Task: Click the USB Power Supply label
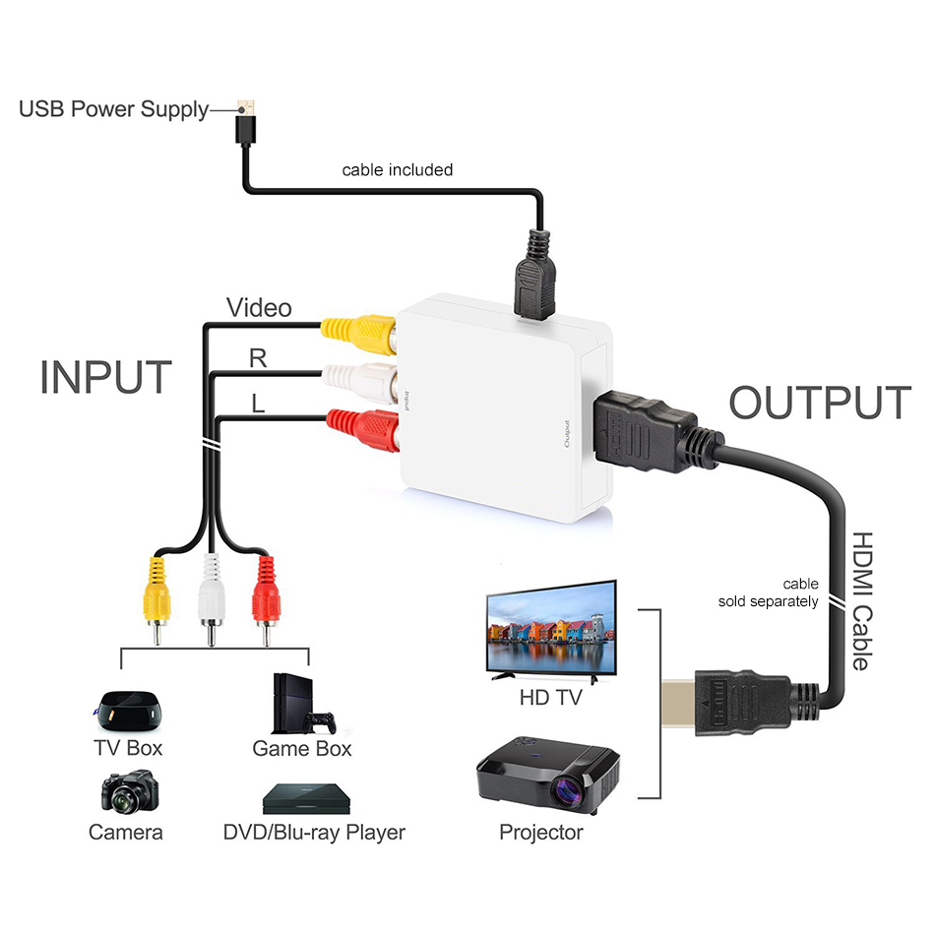coord(113,109)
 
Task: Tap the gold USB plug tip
coord(247,103)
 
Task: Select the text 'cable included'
coord(397,170)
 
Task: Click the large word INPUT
coord(106,378)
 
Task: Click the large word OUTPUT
coord(819,404)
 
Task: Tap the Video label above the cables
coord(259,308)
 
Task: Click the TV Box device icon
coord(125,707)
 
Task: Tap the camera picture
coord(126,792)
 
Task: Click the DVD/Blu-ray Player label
coord(314,833)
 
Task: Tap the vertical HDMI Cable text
coord(859,601)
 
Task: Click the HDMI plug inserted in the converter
coord(645,431)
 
